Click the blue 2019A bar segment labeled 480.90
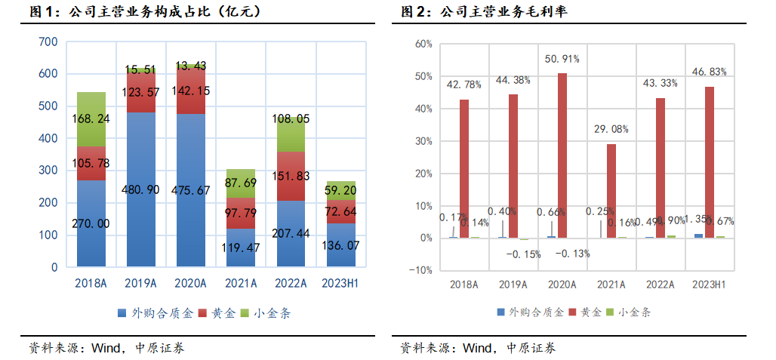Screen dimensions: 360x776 pos(140,189)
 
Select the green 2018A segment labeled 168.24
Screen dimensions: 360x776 pos(91,119)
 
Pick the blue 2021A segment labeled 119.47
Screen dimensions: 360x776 pos(241,247)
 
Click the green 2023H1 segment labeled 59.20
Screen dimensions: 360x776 pos(341,191)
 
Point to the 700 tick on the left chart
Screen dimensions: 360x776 pos(48,42)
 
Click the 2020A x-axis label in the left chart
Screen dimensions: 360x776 pos(191,284)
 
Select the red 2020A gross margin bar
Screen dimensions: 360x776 pos(562,155)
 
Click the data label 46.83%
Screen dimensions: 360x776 pos(710,72)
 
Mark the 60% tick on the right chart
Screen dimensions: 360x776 pos(423,44)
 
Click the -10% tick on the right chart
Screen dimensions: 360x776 pos(421,270)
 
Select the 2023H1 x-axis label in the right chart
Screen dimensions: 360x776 pos(708,285)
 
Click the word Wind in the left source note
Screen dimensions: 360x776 pos(106,348)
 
